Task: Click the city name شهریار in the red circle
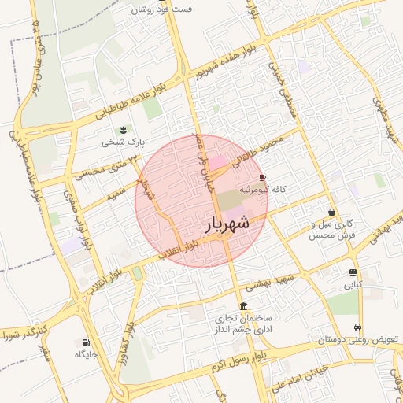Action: (227, 223)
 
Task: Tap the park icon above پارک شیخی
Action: (122, 130)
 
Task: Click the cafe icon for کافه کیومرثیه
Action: (262, 177)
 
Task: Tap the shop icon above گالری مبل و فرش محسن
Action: (333, 212)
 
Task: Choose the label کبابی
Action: (352, 286)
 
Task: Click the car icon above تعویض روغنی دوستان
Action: (358, 327)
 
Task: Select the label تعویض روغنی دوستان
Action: (358, 340)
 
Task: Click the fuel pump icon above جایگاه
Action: (85, 342)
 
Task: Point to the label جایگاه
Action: (85, 355)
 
